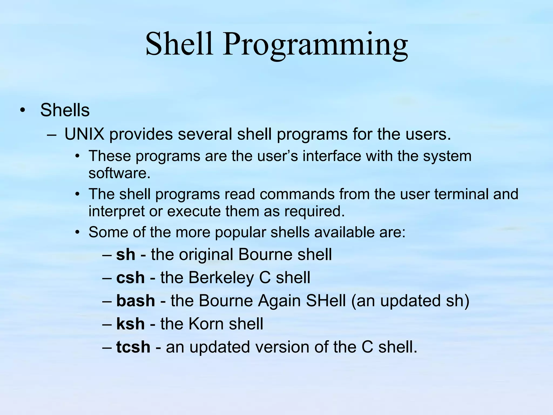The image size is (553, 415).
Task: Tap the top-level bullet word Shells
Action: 65,110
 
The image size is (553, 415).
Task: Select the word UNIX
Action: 84,134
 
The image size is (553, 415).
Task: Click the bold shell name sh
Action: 126,255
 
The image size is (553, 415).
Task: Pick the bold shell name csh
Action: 130,278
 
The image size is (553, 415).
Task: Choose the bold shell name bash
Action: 136,301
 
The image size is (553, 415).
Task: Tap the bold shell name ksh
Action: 130,324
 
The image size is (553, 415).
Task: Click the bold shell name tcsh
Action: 133,347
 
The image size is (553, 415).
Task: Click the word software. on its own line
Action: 119,173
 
